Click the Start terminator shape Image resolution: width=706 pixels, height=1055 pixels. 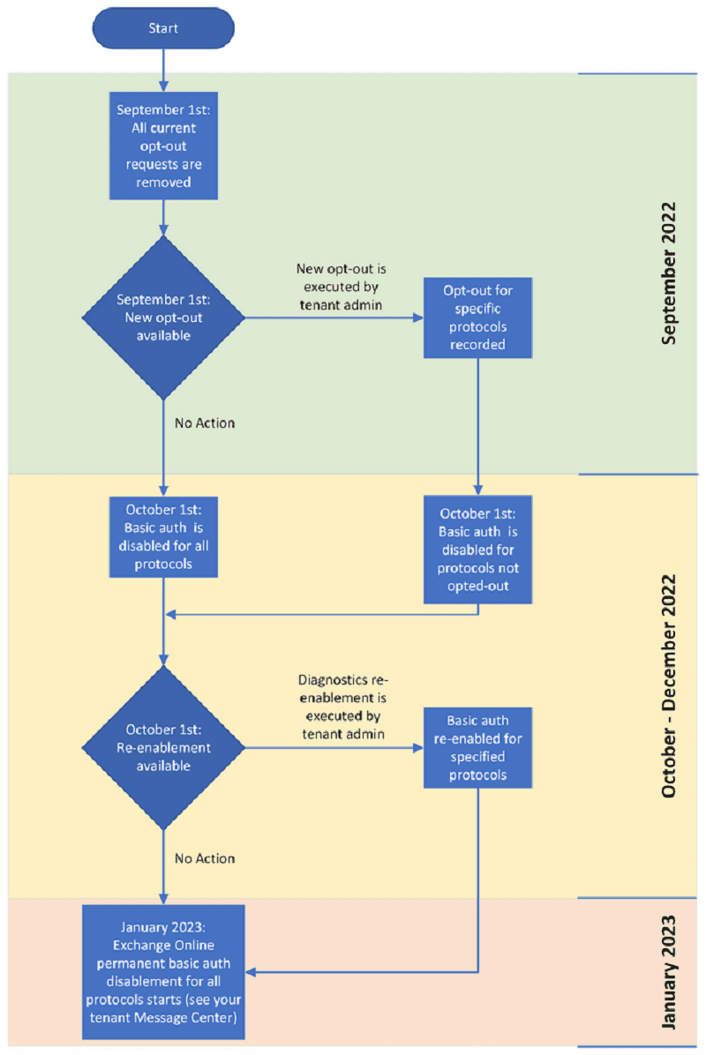(163, 28)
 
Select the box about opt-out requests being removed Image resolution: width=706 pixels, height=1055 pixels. (163, 146)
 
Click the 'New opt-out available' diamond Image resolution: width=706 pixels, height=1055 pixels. (163, 318)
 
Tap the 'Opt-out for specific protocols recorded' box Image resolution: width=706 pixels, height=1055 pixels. (477, 318)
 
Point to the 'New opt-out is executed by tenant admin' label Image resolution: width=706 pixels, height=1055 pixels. (342, 287)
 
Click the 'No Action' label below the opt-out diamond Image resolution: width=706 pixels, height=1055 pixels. (205, 423)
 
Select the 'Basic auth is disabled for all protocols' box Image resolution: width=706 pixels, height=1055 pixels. (163, 537)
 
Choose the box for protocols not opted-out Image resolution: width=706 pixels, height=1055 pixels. (477, 550)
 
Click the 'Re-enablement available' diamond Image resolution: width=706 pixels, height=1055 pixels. (163, 747)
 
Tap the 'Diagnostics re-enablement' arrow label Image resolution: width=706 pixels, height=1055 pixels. (343, 707)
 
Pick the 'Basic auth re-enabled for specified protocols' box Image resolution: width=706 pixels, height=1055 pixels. (477, 747)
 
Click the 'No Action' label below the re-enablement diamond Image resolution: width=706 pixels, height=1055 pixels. (205, 858)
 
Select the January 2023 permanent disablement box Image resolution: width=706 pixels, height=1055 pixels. (163, 972)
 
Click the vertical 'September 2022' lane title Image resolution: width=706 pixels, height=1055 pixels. (668, 273)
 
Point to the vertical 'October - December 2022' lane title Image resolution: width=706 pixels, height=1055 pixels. (668, 686)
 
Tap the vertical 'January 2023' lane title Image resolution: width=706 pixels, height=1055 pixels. (668, 972)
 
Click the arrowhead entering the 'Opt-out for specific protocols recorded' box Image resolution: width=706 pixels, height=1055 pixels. (418, 318)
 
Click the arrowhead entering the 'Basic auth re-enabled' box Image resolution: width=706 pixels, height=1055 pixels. (418, 747)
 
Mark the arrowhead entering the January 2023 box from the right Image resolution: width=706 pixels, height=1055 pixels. (251, 972)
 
